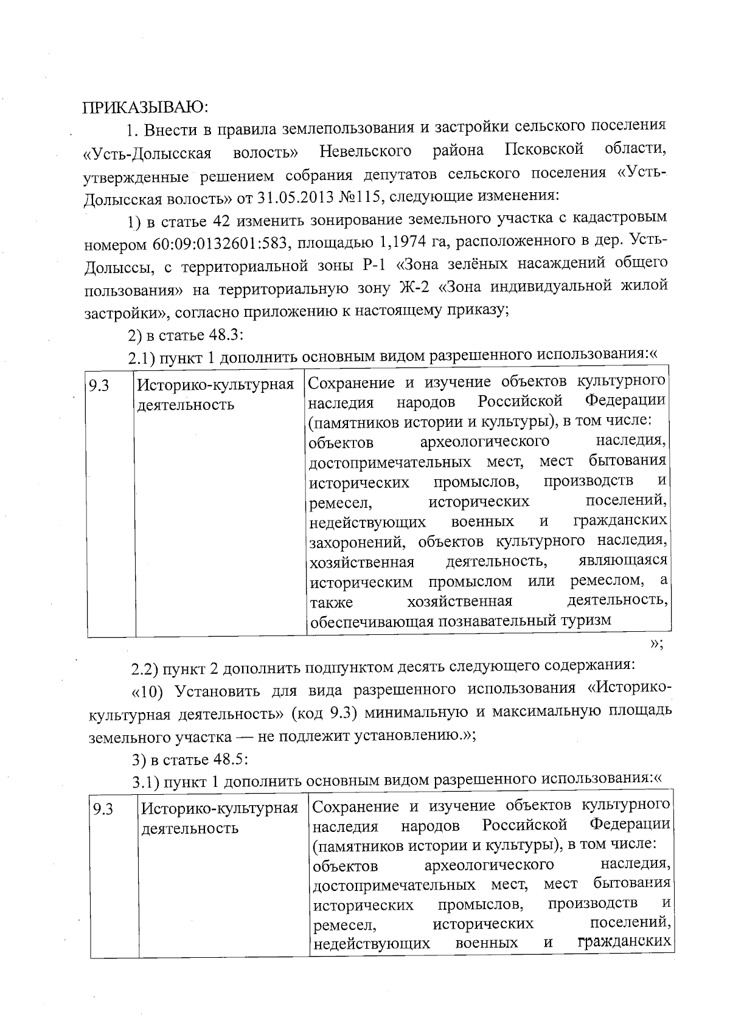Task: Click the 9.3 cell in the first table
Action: click(99, 386)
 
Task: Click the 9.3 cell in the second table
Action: click(103, 809)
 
